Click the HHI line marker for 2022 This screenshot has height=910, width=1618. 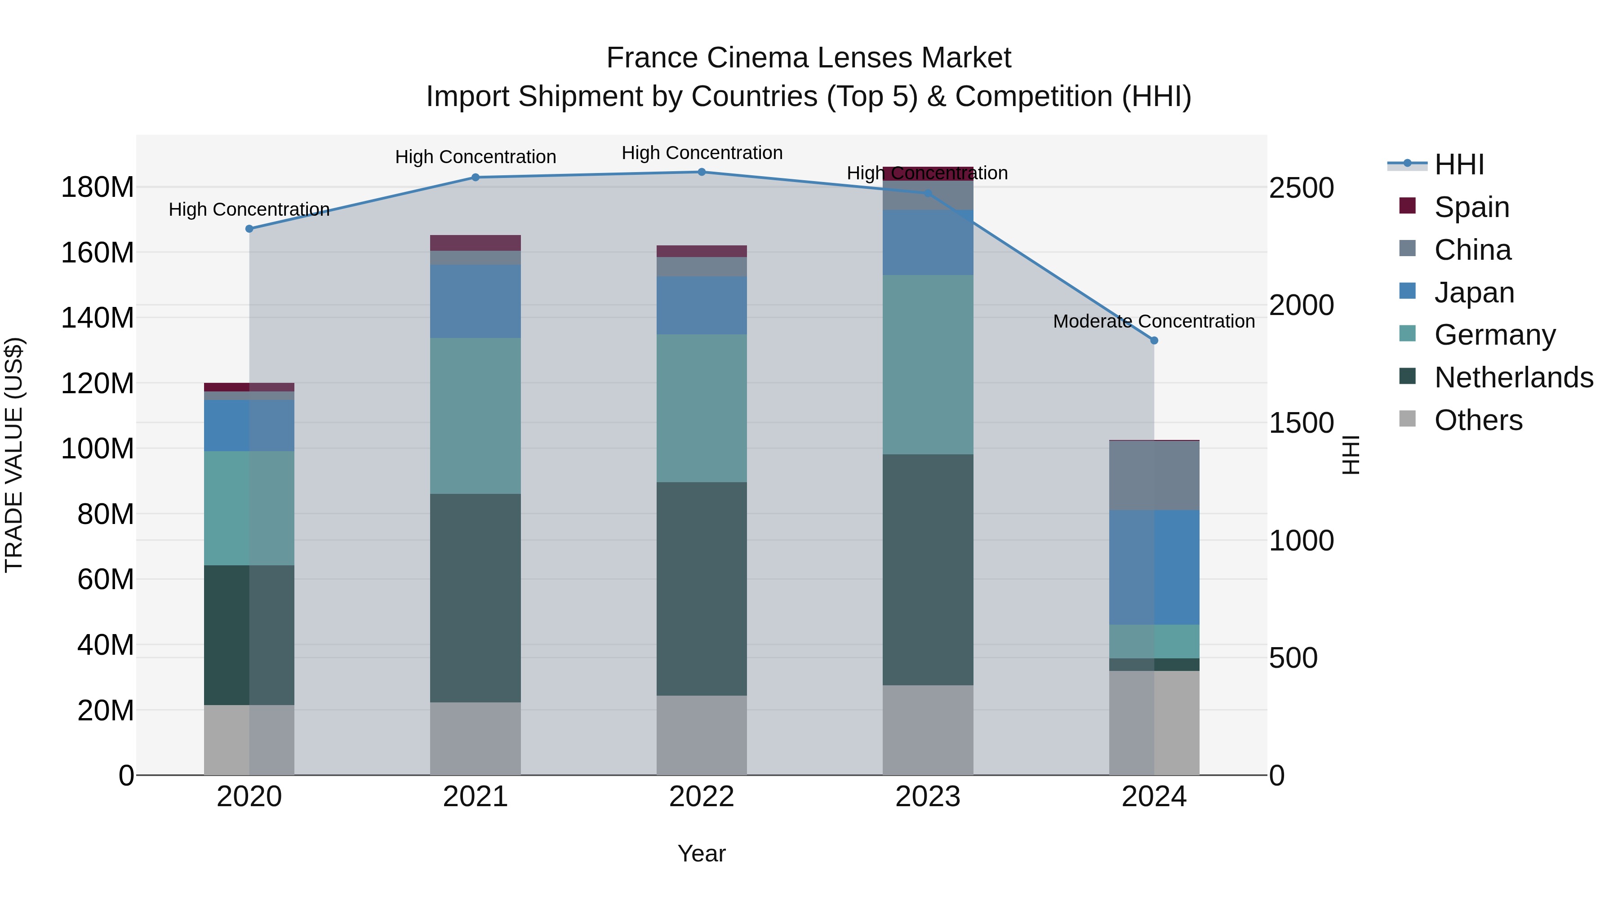702,172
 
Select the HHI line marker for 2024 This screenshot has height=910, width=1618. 1154,340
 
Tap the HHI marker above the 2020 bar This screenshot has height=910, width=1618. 249,229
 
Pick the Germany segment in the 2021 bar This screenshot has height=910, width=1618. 476,416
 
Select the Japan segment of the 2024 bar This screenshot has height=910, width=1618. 1154,567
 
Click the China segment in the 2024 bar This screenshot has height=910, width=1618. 1154,475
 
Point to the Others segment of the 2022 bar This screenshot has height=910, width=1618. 702,735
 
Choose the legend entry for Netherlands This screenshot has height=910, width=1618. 1513,377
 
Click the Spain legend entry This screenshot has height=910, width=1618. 1471,207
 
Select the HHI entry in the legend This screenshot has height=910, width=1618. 1458,164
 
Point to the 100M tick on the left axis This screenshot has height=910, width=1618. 98,449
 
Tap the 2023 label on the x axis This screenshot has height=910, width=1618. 928,797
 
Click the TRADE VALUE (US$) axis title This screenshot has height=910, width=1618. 14,455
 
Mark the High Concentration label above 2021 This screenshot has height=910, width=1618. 476,157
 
